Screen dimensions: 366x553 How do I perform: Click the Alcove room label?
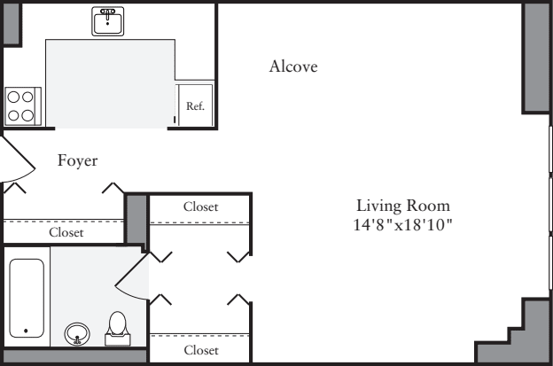[x=293, y=67]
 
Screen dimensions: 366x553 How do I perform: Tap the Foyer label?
[x=77, y=160]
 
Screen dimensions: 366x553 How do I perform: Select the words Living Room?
[x=403, y=206]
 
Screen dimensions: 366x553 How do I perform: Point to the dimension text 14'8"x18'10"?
[x=403, y=225]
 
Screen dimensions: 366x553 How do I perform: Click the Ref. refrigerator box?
[x=195, y=105]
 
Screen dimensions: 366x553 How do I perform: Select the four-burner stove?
[x=20, y=105]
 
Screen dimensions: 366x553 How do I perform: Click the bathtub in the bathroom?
[x=26, y=297]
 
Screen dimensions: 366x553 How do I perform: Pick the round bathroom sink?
[x=78, y=334]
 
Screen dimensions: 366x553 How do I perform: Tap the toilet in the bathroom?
[x=117, y=329]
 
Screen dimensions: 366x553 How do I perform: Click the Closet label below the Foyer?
[x=66, y=233]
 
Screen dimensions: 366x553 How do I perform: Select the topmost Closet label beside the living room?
[x=200, y=206]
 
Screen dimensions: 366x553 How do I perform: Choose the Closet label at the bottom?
[x=200, y=350]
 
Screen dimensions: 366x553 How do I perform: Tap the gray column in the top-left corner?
[x=11, y=25]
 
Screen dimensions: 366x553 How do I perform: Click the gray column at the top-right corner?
[x=536, y=57]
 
